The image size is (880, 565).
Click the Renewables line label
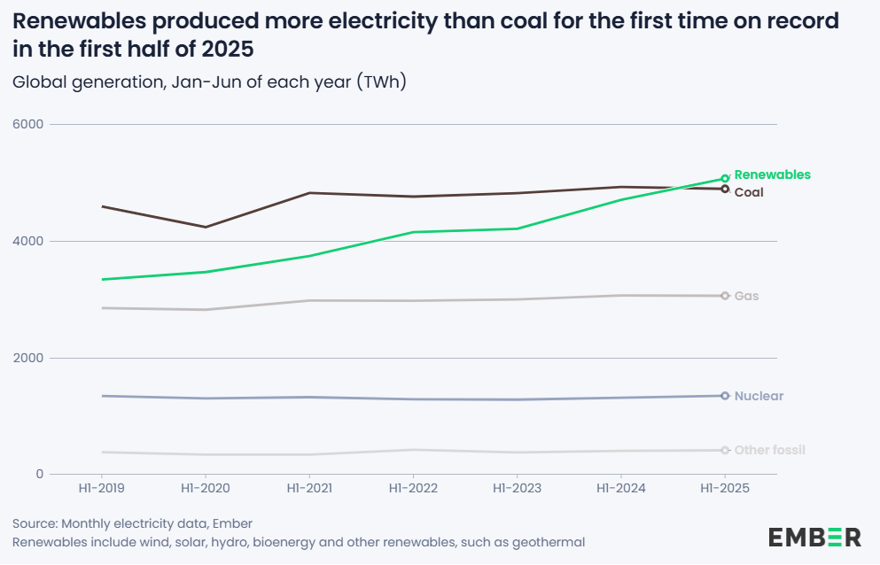pos(772,174)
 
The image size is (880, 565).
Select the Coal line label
pos(749,192)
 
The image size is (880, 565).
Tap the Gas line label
pos(746,296)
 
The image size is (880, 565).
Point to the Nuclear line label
pos(759,396)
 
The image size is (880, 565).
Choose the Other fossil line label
pos(769,450)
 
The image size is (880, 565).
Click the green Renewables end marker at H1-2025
pos(725,178)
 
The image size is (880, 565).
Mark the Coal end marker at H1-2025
pos(725,189)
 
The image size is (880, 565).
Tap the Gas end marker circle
pos(725,296)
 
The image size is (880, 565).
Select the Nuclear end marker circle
pos(725,396)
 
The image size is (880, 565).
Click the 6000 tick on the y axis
pos(27,124)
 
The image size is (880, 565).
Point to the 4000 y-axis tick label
pos(27,241)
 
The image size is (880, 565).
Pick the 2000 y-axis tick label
pos(27,358)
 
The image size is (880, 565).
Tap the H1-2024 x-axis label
pos(621,489)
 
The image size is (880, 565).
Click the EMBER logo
pos(814,537)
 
